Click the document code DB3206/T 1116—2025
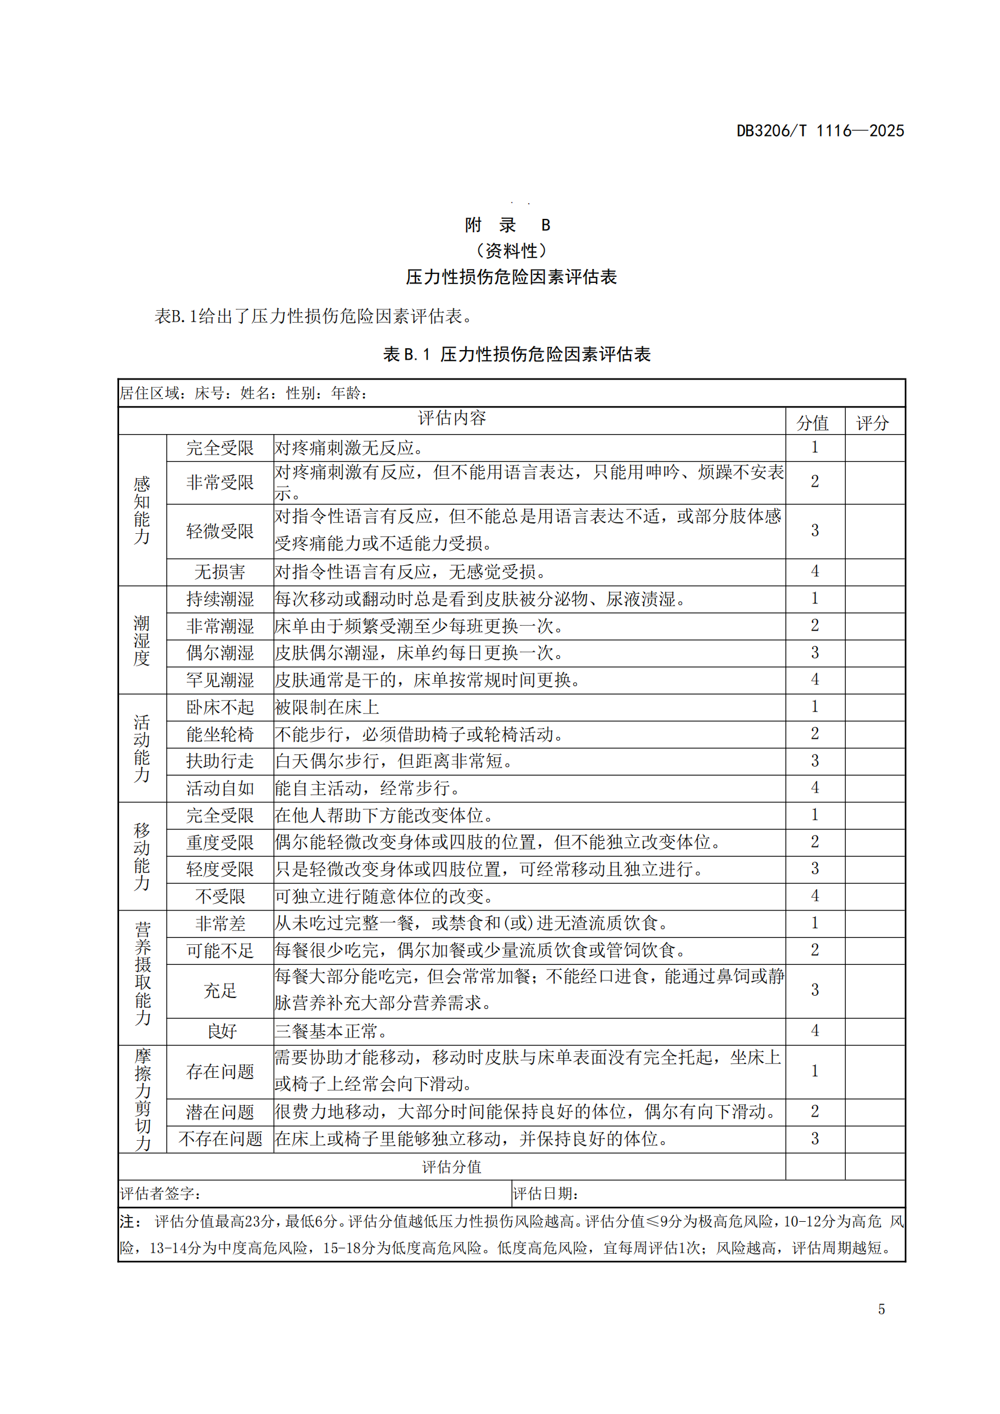tap(820, 131)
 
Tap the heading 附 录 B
tap(507, 225)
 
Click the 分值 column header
tap(812, 423)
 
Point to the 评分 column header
tap(872, 423)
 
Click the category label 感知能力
tap(142, 510)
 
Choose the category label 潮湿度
tap(142, 640)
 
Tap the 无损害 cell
tap(220, 572)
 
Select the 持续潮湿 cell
tap(220, 598)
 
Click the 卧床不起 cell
tap(220, 707)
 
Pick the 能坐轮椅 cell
tap(220, 734)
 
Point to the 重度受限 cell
tap(220, 842)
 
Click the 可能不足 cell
tap(220, 950)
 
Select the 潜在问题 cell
tap(220, 1112)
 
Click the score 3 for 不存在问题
tap(814, 1139)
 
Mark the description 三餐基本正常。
tap(331, 1031)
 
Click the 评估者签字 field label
tap(160, 1193)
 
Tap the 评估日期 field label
tap(545, 1193)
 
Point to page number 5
tap(881, 1309)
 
